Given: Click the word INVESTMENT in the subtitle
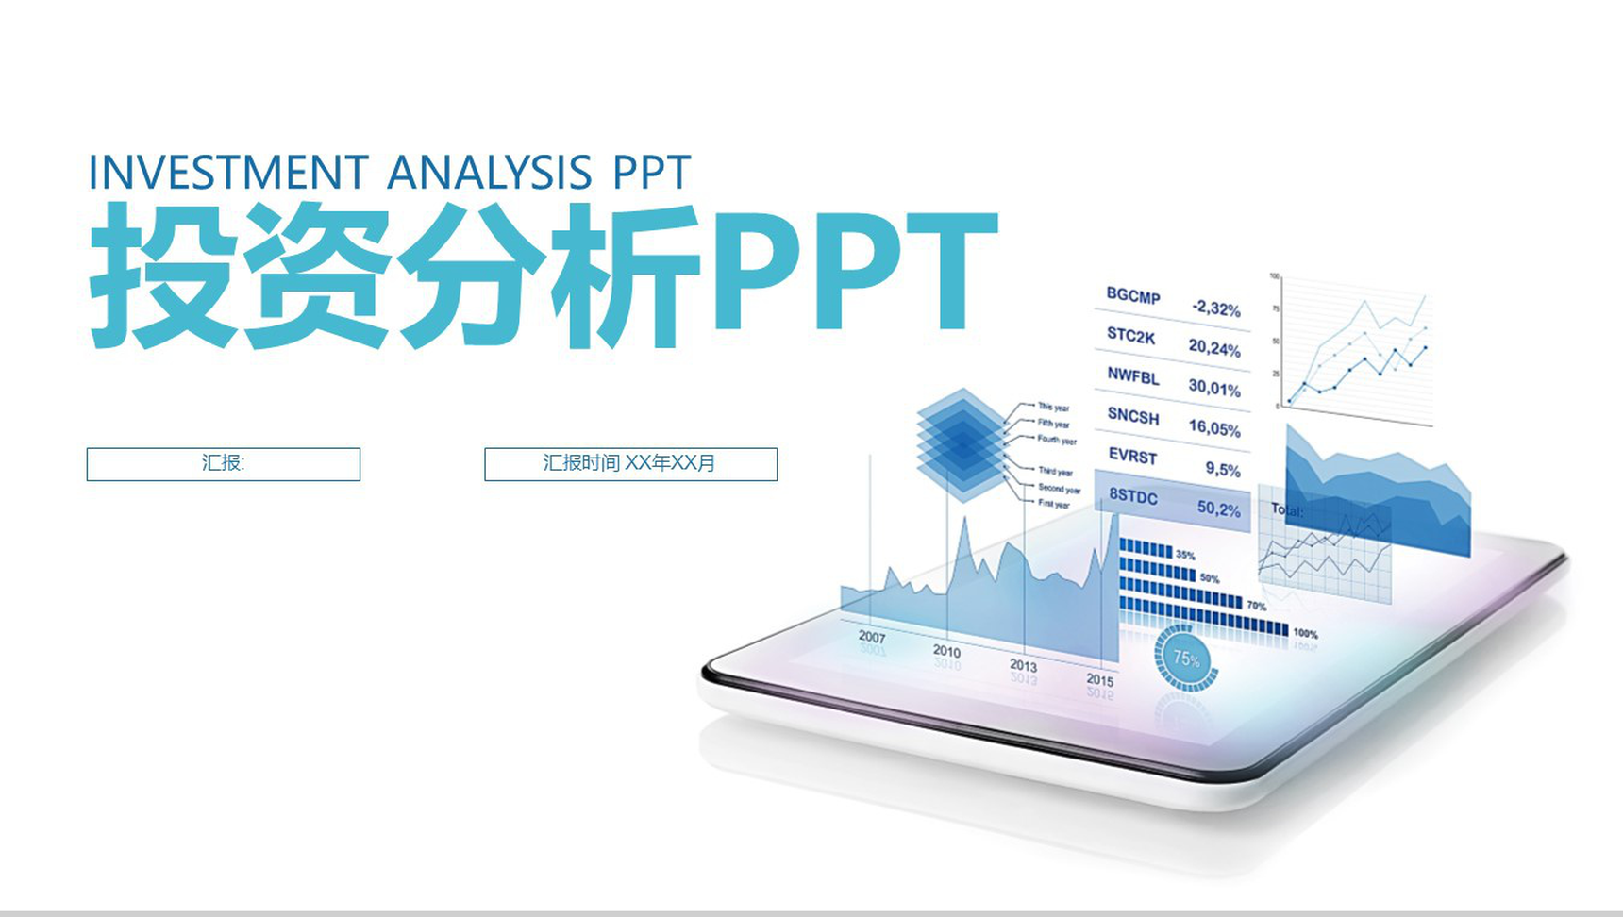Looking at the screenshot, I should coord(227,173).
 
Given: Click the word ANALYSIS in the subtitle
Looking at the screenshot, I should coord(489,173).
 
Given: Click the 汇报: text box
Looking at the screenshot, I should coord(223,464).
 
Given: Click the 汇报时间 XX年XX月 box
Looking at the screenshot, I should coord(630,464).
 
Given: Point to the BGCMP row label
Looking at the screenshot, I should coord(1132,296).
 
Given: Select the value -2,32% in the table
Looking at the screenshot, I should coord(1215,308).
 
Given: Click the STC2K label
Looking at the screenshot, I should coord(1130,336).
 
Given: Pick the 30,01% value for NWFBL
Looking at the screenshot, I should coord(1214,388).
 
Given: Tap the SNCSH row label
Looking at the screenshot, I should coord(1132,416).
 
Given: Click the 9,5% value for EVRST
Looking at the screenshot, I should coord(1222,469).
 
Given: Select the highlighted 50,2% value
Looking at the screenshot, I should coord(1219,509).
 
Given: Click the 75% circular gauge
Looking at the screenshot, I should coord(1186,658).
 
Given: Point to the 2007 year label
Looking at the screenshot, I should coord(872,637).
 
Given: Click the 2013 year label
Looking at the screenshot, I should coord(1023,665).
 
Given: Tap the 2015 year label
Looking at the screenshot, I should coord(1099,679).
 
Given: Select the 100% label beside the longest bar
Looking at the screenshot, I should coord(1305,634).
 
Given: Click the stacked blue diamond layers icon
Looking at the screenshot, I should coord(961,444).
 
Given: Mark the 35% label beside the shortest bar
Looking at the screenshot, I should coord(1185,556).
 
